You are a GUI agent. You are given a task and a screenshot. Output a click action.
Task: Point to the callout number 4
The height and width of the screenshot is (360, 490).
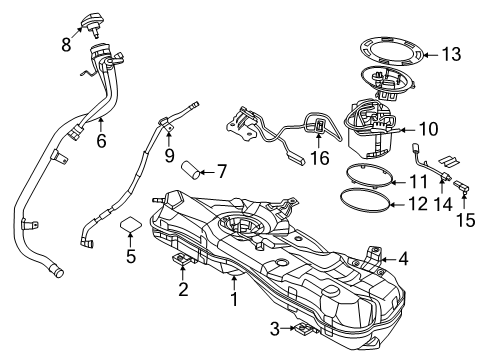point(403,258)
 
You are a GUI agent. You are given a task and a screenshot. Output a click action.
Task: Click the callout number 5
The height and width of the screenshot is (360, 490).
point(129,256)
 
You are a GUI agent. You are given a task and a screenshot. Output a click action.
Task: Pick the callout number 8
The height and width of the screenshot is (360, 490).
point(66,45)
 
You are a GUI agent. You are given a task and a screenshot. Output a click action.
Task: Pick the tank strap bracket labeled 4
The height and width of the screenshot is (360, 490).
point(375,258)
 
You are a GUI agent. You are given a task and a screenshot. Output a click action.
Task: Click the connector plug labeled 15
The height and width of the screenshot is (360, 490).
point(463,187)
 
